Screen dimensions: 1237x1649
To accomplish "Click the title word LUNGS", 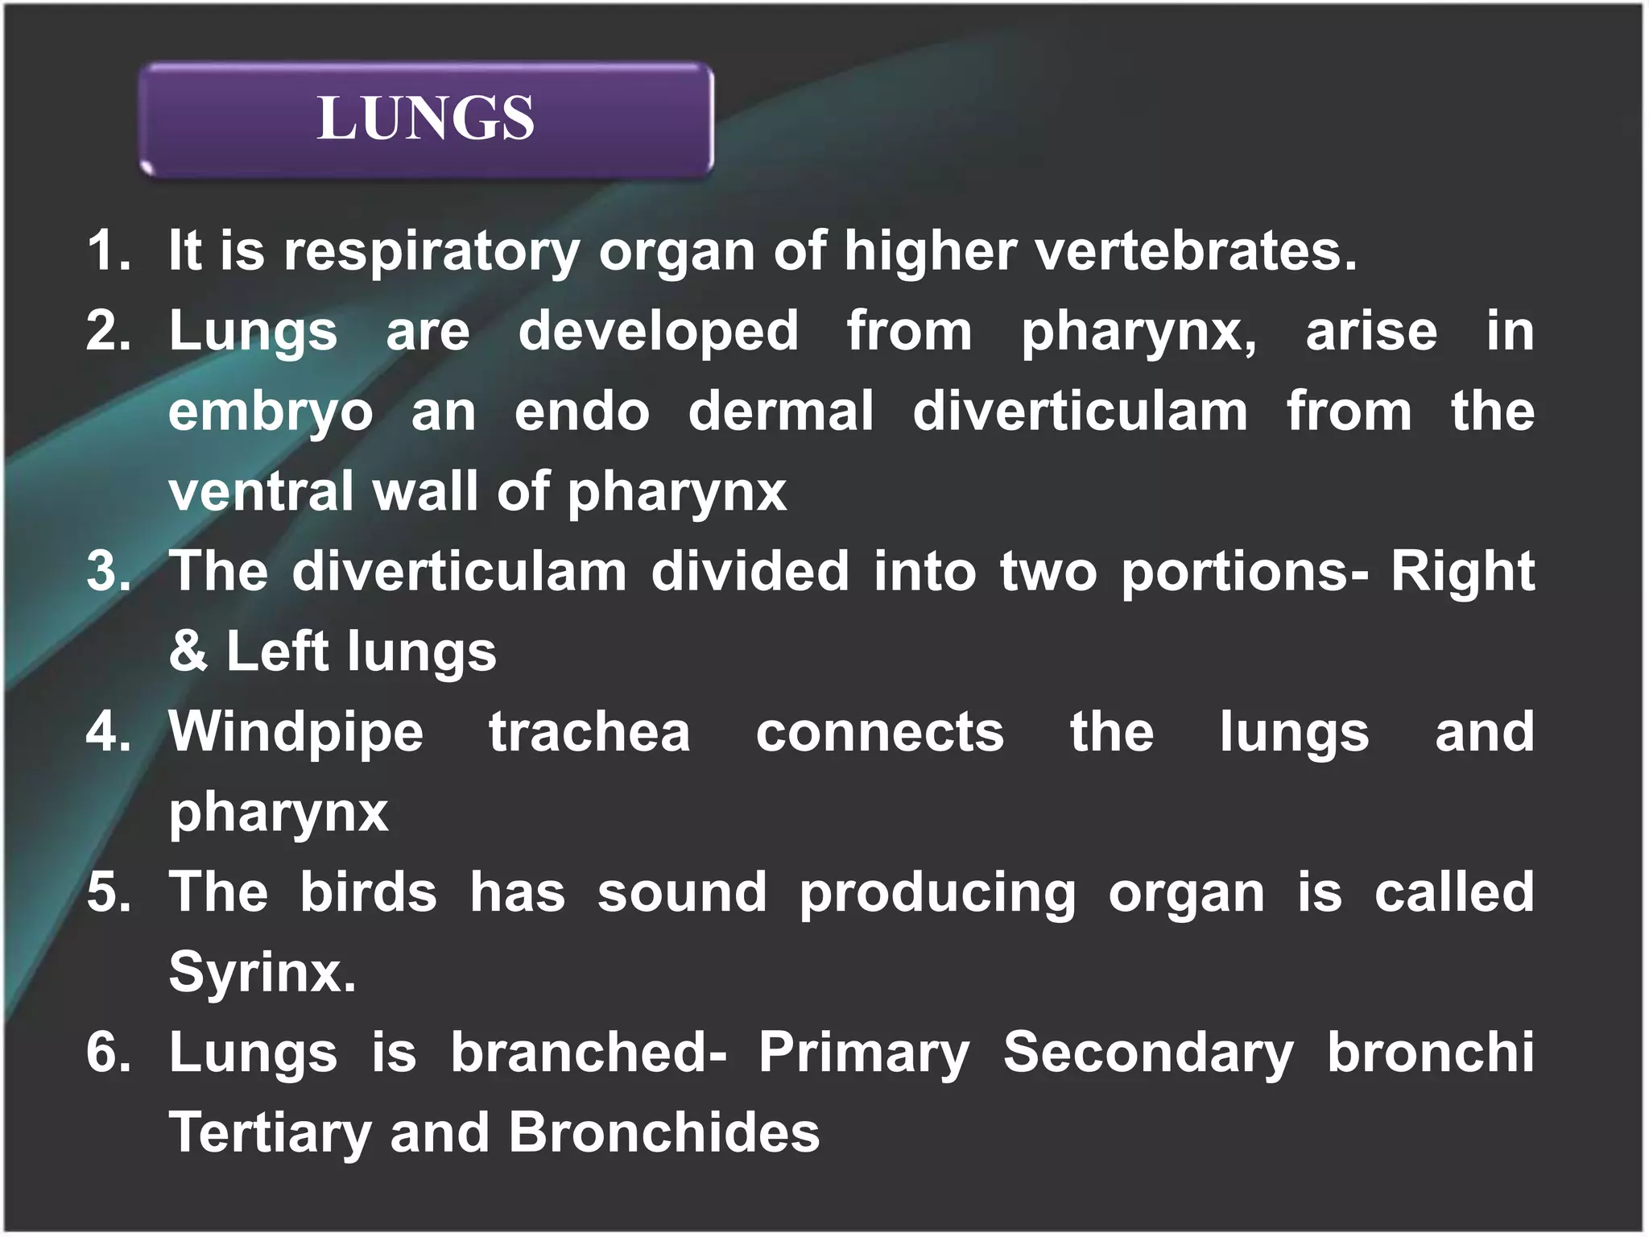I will pyautogui.click(x=425, y=118).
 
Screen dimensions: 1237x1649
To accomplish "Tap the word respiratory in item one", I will pyautogui.click(x=431, y=252).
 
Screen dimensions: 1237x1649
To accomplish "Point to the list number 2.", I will pyautogui.click(x=108, y=331).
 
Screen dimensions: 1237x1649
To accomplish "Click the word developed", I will pyautogui.click(x=658, y=331).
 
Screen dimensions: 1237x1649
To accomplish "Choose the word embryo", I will pyautogui.click(x=271, y=412).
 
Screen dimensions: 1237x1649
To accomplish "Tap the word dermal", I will pyautogui.click(x=780, y=411).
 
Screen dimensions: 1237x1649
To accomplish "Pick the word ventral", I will pyautogui.click(x=261, y=491).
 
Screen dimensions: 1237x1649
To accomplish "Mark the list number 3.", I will pyautogui.click(x=108, y=571).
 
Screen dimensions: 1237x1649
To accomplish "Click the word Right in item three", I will pyautogui.click(x=1462, y=571).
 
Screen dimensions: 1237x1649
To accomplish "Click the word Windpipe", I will pyautogui.click(x=295, y=733).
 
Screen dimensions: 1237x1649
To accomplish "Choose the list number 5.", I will pyautogui.click(x=108, y=892).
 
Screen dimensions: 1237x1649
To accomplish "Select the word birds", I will pyautogui.click(x=368, y=892).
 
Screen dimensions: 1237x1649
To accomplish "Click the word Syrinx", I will pyautogui.click(x=262, y=973).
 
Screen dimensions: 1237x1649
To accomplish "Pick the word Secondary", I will pyautogui.click(x=1148, y=1053).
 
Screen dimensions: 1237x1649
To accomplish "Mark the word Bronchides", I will pyautogui.click(x=663, y=1132).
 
